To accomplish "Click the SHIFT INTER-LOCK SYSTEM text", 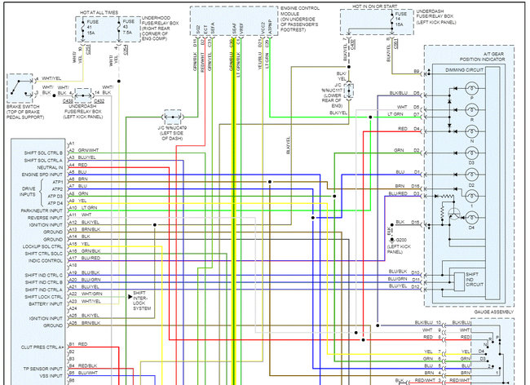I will tap(141, 302).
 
